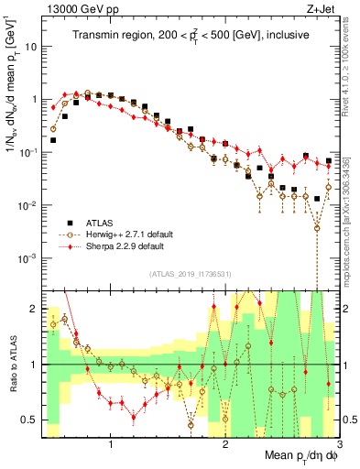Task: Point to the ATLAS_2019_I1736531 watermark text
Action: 191,274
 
